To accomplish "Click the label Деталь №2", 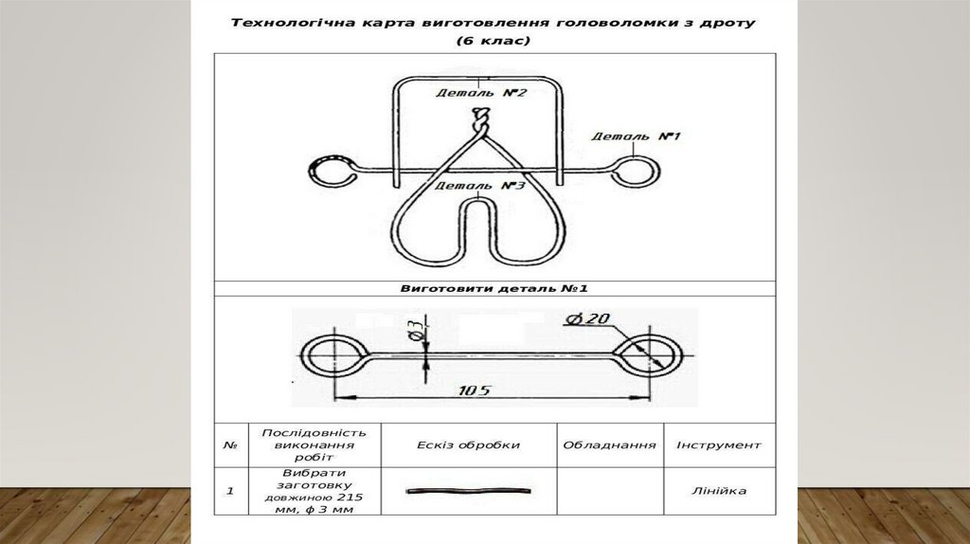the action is [x=481, y=93].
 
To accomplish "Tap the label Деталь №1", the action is [x=637, y=136].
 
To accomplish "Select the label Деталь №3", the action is [x=479, y=186].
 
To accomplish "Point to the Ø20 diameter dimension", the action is [x=588, y=318].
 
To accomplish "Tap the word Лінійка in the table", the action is [x=718, y=491].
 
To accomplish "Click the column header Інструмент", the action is [x=718, y=444].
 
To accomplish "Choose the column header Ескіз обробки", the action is [x=468, y=444].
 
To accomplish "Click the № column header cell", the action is [x=230, y=444].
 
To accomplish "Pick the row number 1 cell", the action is [x=230, y=491].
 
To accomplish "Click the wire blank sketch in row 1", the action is [x=468, y=491].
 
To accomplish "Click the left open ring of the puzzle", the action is [x=332, y=172].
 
